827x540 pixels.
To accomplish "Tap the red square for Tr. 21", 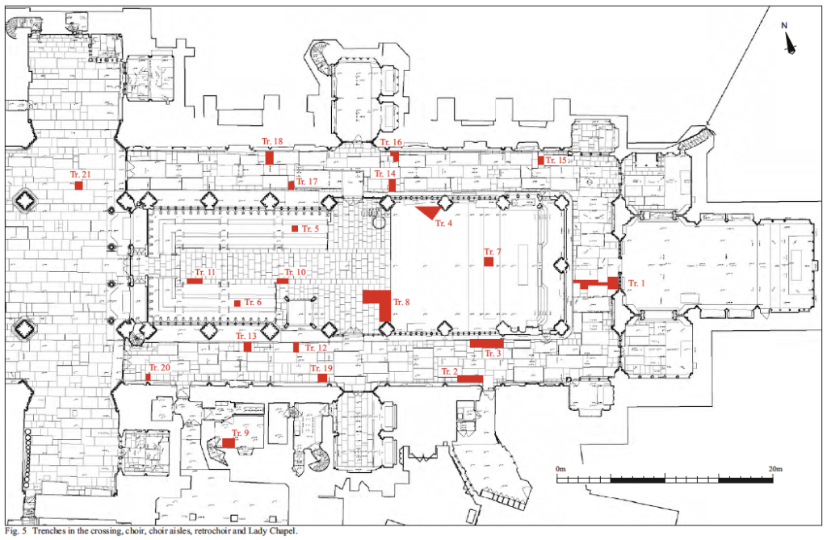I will tap(78, 186).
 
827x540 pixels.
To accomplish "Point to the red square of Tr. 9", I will tap(229, 442).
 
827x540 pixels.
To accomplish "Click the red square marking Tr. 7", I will tap(488, 261).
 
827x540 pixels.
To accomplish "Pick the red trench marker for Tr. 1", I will tap(596, 283).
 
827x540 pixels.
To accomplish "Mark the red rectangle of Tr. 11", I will tap(195, 281).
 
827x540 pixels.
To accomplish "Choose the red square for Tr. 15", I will tap(540, 160).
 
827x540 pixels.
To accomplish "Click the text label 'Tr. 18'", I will tap(272, 142).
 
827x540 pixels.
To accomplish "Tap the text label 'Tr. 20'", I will tap(160, 367).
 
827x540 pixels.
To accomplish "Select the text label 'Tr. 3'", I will tap(493, 354).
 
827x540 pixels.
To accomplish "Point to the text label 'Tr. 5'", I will tap(310, 229).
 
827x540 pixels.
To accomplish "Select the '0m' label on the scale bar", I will tap(562, 468).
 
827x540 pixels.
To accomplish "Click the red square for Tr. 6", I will tap(237, 303).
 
